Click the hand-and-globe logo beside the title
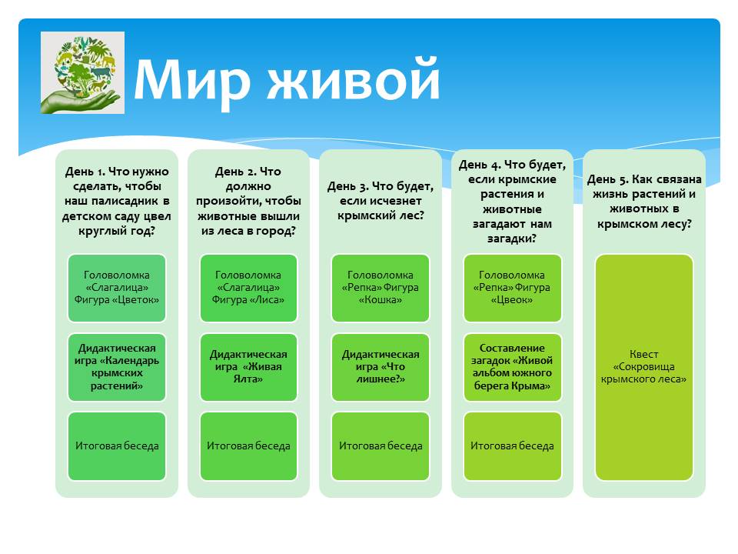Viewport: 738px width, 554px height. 82,72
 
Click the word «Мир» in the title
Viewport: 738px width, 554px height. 191,79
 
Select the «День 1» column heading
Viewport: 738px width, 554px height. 117,201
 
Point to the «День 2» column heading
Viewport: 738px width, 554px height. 248,201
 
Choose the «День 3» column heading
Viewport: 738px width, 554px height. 381,201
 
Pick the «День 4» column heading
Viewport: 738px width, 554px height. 512,201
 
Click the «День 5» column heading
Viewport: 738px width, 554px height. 644,201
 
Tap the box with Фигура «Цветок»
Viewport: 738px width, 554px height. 117,288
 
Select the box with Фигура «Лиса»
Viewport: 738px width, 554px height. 248,288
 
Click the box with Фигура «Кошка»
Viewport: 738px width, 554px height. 381,288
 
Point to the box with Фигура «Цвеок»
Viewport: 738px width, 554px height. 512,288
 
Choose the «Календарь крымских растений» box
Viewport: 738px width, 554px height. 117,367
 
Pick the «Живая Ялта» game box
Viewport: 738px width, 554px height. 248,367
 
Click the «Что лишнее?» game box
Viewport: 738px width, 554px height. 381,367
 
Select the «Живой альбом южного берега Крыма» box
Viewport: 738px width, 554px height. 512,367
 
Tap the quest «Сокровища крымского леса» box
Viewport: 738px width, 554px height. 644,368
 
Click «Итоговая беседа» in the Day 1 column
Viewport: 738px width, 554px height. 117,446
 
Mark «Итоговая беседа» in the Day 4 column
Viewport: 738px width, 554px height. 512,446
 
